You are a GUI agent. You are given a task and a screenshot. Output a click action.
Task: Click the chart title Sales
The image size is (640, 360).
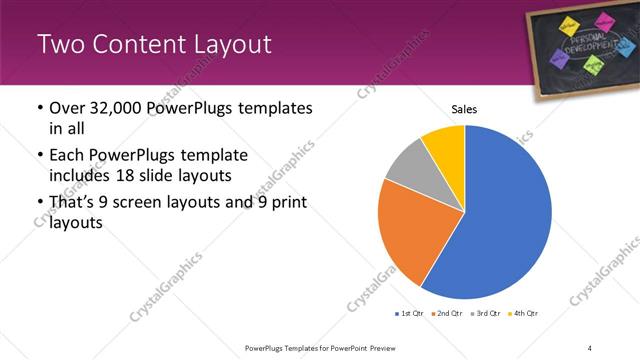point(465,109)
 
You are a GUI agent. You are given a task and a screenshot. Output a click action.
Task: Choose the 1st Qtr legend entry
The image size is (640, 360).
point(410,314)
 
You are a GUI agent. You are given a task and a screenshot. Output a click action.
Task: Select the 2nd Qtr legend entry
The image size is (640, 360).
point(445,314)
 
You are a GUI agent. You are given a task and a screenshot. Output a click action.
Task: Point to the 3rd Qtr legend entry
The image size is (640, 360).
point(485,314)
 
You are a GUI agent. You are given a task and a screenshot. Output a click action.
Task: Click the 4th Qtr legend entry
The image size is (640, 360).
point(523,314)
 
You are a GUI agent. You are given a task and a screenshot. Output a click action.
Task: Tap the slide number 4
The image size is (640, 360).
point(589,347)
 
